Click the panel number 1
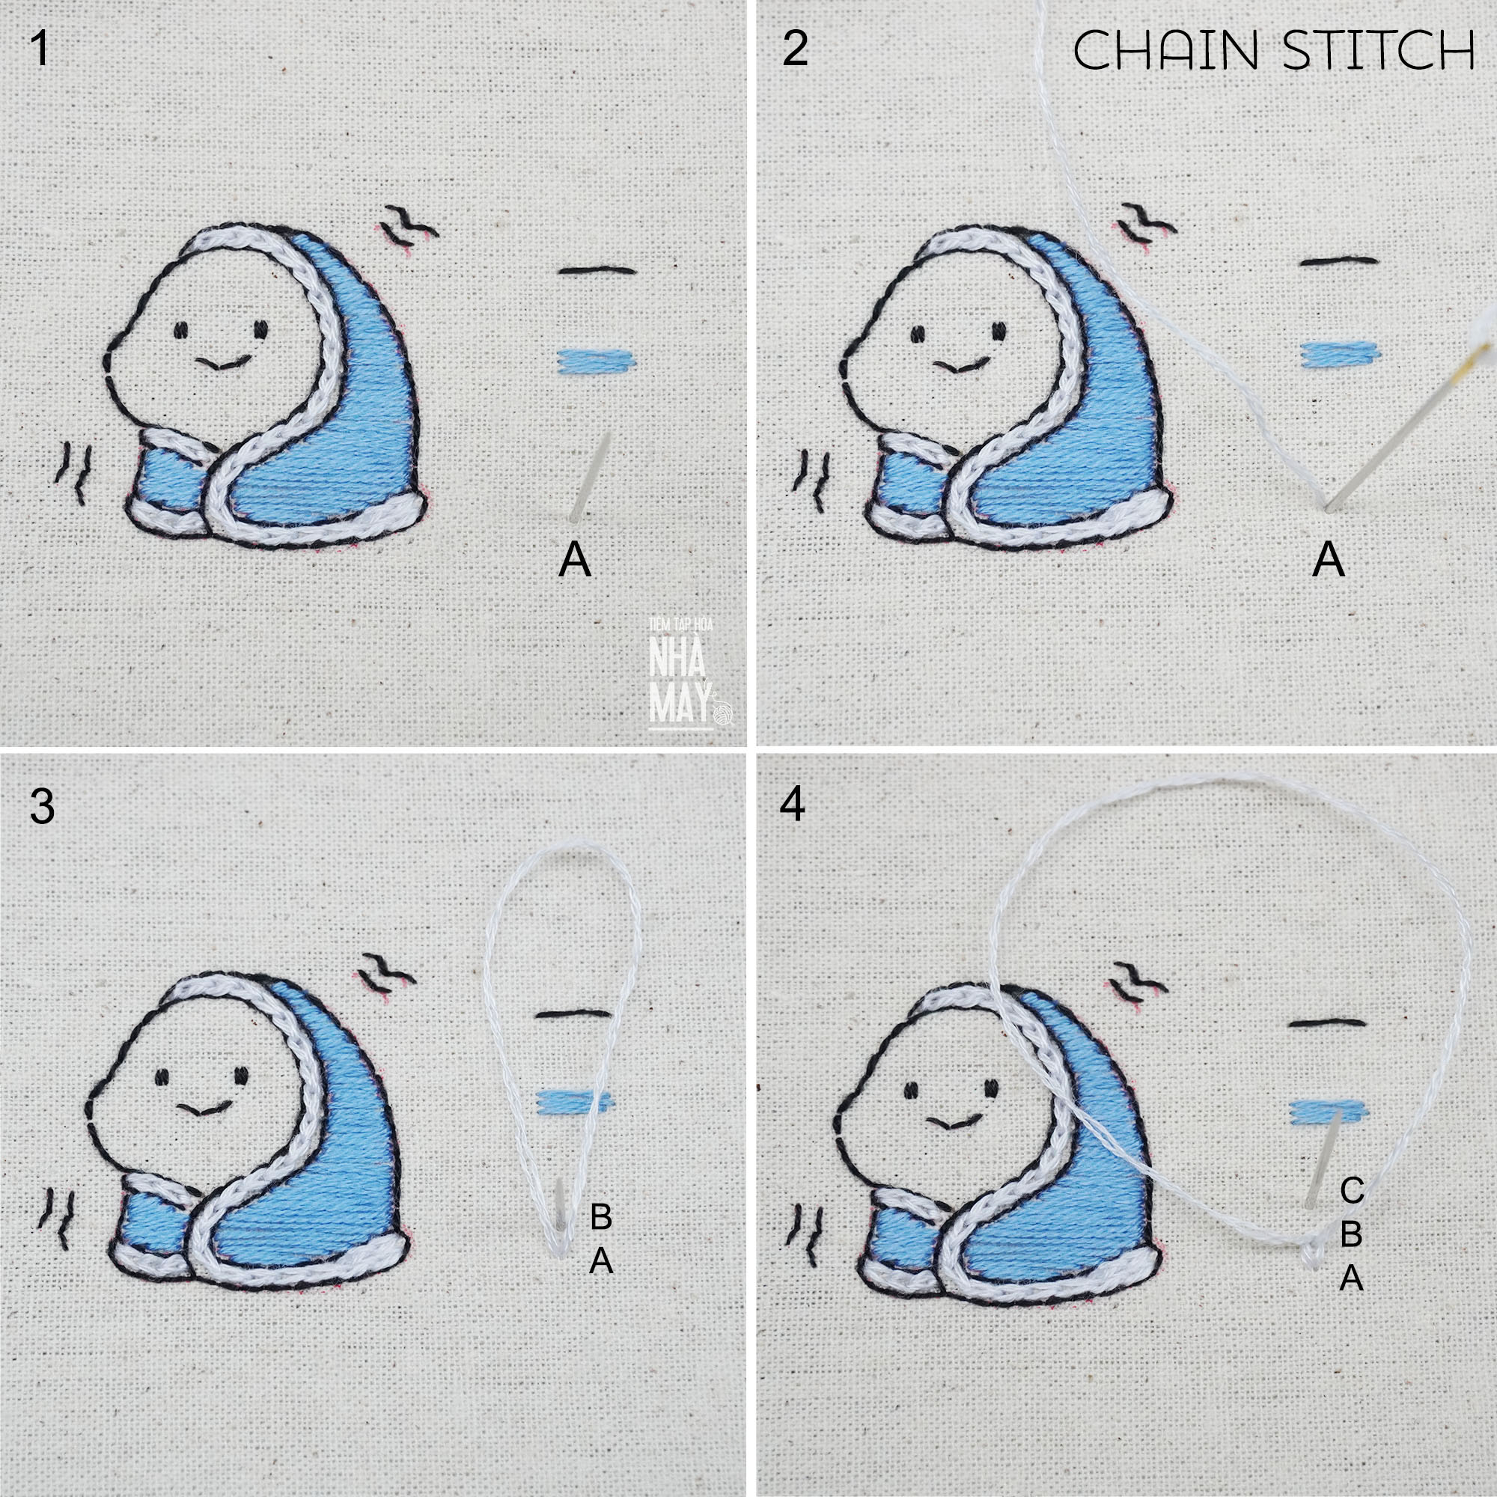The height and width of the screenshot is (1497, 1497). (x=40, y=49)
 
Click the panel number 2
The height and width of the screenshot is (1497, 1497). (x=796, y=49)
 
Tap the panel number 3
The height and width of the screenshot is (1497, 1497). (x=42, y=806)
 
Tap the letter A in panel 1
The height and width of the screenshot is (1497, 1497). (x=575, y=558)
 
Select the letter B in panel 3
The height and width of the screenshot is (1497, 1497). (x=601, y=1217)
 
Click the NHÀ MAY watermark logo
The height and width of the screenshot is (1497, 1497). (x=682, y=673)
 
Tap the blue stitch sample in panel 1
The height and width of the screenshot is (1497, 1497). (x=597, y=359)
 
